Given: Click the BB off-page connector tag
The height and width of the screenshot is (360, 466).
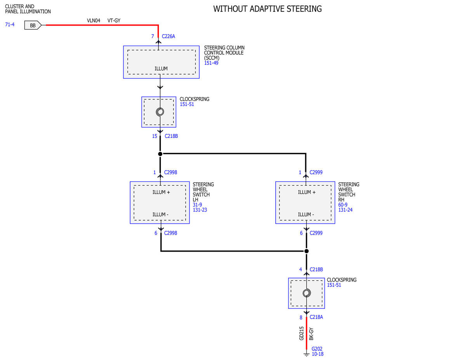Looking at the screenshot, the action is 33,25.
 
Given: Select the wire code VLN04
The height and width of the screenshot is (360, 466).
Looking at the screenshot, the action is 94,21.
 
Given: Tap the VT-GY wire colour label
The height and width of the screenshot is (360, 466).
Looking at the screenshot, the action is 114,21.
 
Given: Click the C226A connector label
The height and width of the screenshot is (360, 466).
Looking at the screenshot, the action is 169,36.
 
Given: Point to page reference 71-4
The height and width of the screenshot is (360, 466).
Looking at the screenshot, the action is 10,24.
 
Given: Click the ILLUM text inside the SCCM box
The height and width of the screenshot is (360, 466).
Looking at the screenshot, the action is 161,69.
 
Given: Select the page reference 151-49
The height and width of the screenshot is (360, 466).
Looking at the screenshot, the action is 211,63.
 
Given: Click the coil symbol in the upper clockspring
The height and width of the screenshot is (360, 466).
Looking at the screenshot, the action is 160,112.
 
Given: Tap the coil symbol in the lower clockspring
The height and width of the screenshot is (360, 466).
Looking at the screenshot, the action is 307,293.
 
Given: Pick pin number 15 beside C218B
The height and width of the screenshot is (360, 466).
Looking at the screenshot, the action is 155,136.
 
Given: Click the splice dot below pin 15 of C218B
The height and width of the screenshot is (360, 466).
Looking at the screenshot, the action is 160,154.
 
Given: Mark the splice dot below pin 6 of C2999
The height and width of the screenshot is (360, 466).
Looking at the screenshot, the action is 307,251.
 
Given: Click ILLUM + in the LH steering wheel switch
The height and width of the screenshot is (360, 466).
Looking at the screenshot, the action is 161,192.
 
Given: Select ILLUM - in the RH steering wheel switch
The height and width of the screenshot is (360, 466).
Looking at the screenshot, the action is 306,215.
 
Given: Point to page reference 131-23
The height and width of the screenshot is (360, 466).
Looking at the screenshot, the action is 200,210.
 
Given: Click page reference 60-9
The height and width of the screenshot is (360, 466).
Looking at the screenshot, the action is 343,205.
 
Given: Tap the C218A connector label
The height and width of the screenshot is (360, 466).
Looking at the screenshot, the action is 316,317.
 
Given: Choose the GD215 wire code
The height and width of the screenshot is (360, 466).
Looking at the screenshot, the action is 301,334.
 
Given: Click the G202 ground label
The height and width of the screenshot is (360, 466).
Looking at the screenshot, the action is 317,349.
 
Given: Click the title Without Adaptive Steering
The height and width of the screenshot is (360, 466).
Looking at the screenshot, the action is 268,9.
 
